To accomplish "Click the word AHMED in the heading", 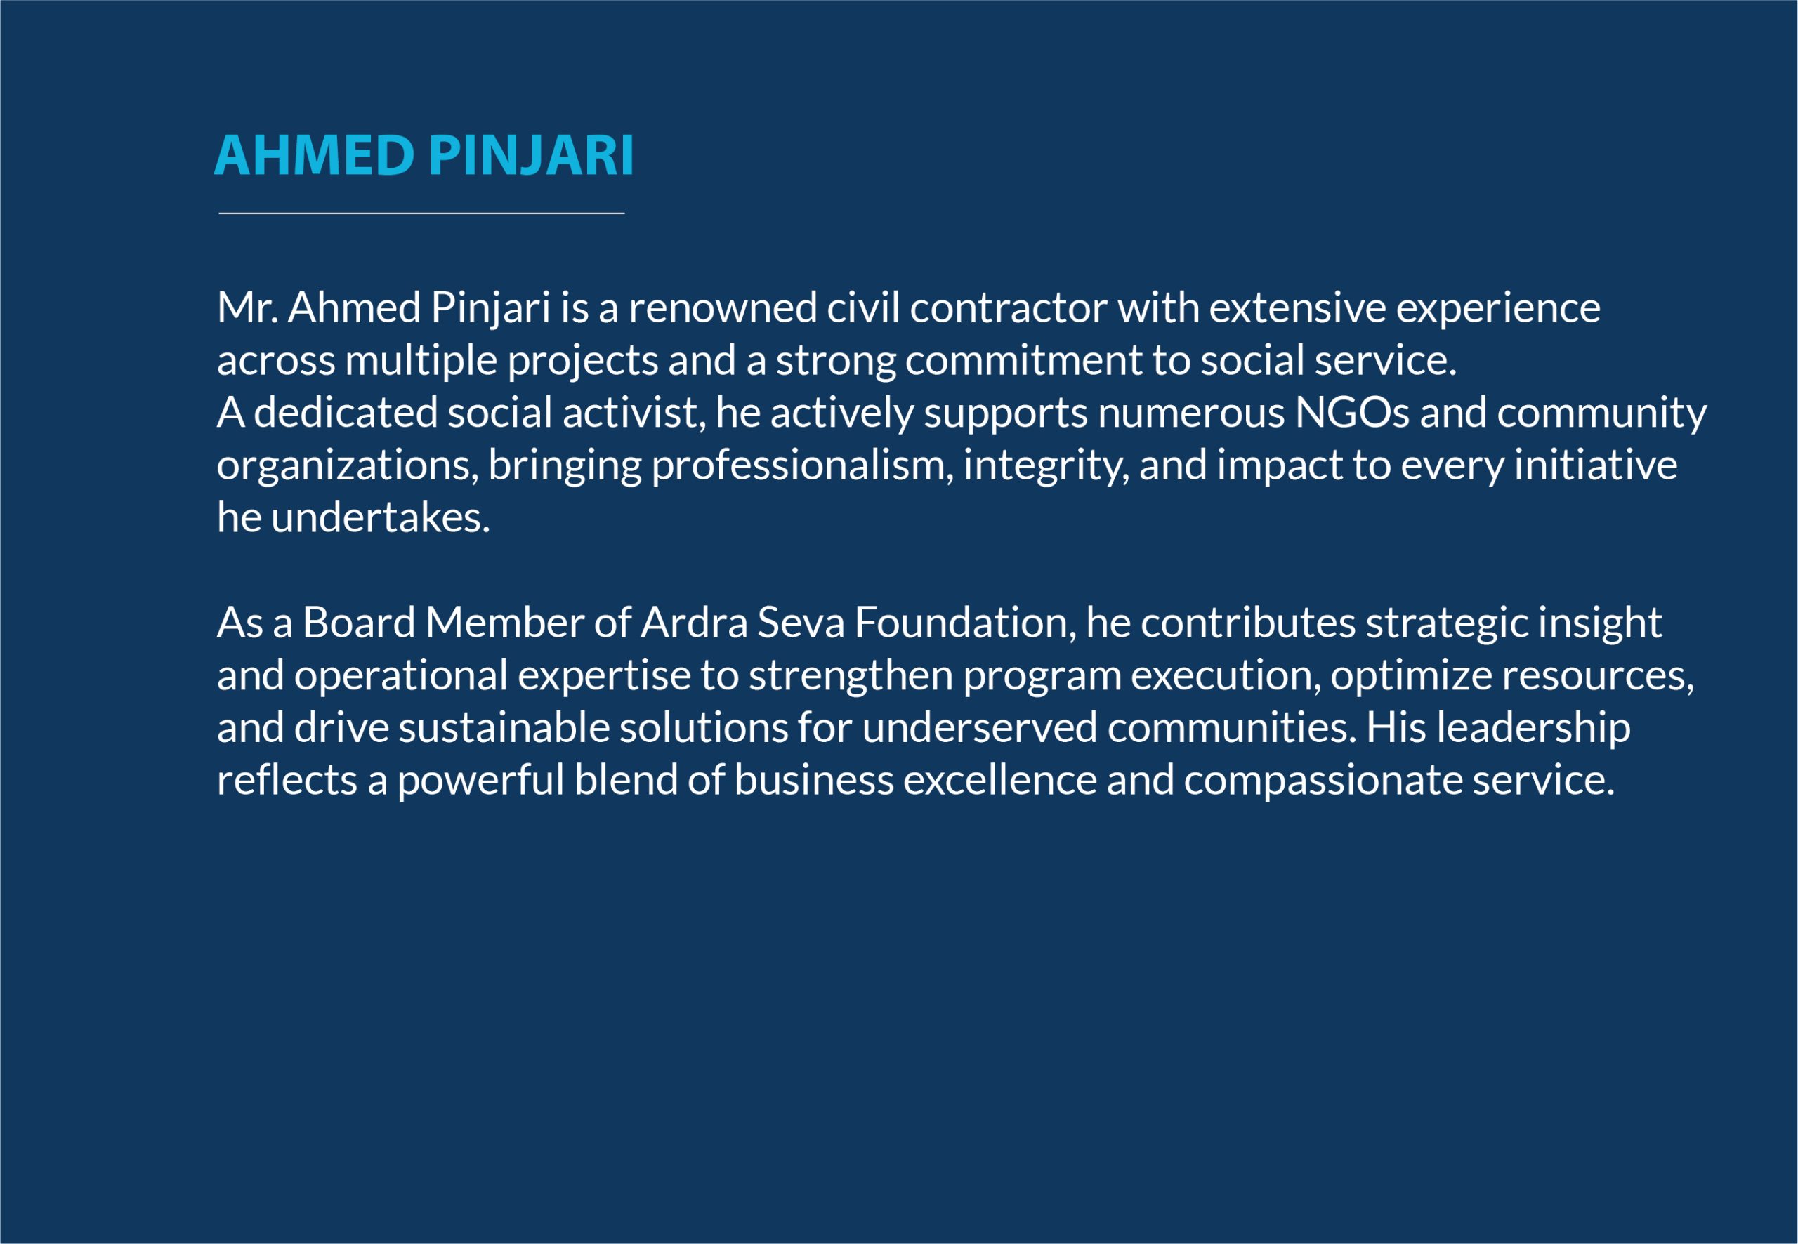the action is coord(313,155).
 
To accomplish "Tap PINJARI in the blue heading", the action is coord(531,155).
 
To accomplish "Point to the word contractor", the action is coord(1008,309).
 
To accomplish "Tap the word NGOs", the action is coord(1352,413).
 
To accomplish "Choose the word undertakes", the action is coord(381,517).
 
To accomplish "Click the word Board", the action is coord(359,622).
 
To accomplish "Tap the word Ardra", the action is coord(694,622).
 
